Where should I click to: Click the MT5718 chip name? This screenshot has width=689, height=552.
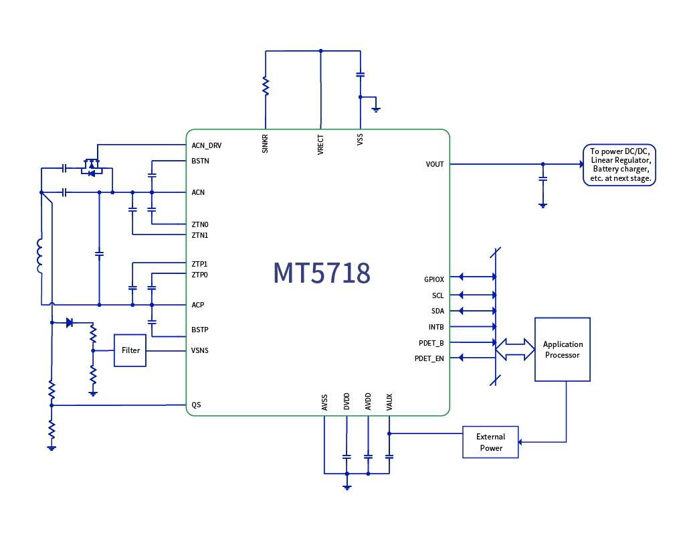[x=322, y=273]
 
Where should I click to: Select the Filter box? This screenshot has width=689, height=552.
[x=130, y=350]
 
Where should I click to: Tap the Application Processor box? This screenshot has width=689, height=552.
[x=563, y=350]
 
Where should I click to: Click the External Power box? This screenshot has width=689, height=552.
[x=490, y=442]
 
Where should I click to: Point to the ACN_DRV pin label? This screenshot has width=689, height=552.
[x=206, y=145]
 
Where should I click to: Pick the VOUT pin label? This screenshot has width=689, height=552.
[x=434, y=164]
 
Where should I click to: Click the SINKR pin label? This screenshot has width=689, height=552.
[x=266, y=143]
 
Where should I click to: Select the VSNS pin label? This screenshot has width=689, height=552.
[x=199, y=350]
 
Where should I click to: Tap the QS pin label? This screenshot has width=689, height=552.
[x=196, y=405]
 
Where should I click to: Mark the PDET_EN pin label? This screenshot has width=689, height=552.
[x=429, y=358]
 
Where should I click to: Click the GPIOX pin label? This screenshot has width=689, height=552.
[x=433, y=279]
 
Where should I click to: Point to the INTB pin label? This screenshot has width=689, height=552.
[x=436, y=327]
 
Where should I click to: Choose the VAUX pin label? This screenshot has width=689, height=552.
[x=389, y=402]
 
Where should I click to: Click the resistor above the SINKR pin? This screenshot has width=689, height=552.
[x=266, y=86]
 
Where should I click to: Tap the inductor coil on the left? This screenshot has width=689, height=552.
[x=39, y=257]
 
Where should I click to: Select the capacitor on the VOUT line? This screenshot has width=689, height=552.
[x=543, y=179]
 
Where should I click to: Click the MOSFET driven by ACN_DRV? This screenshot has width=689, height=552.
[x=91, y=167]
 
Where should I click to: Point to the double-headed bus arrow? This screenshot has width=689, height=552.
[x=515, y=349]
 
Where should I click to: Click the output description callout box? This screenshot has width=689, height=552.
[x=619, y=165]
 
